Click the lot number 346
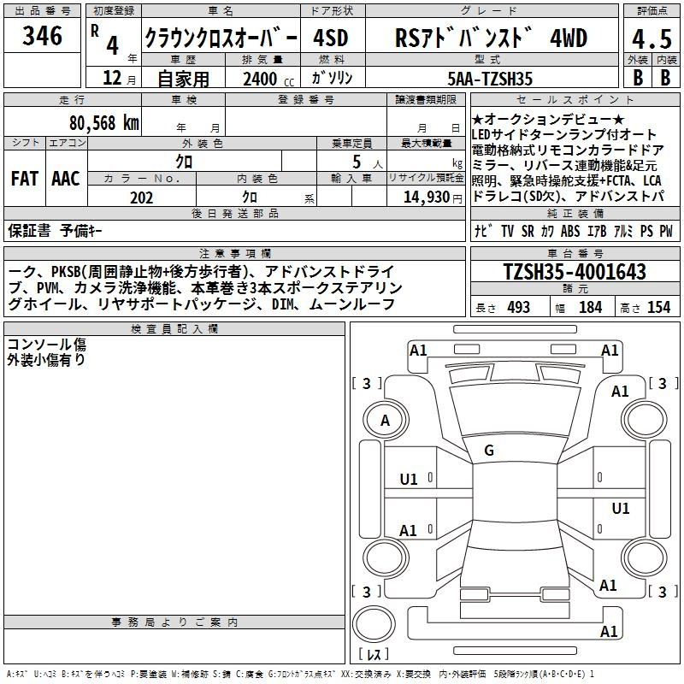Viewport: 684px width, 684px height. [42, 36]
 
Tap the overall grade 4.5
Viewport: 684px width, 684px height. [652, 38]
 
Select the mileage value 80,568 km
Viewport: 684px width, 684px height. [104, 123]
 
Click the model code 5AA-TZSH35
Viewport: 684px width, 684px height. [490, 79]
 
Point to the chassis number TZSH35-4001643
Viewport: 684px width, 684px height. [575, 271]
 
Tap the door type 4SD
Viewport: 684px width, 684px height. [331, 38]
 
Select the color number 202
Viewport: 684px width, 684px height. [141, 198]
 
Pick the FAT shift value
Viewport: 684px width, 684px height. [25, 179]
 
